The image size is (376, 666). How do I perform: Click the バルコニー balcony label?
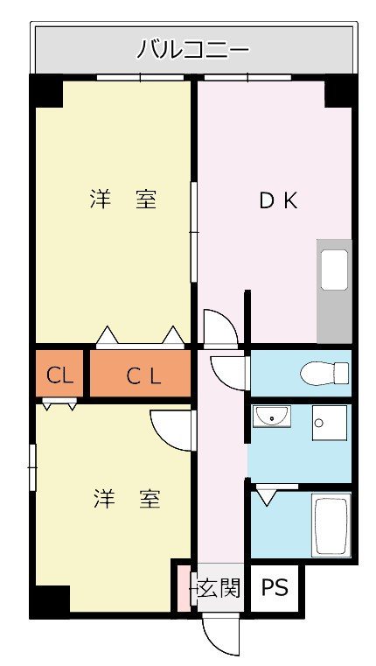[x=192, y=50]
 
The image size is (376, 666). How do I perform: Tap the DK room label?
[x=278, y=201]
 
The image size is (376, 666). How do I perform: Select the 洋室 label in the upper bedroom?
[x=123, y=200]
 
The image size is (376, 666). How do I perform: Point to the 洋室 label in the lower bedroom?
[x=127, y=499]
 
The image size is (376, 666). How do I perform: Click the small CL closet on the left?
[x=59, y=375]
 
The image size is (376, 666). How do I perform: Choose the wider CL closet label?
[x=144, y=376]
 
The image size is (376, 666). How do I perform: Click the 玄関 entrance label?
[x=219, y=588]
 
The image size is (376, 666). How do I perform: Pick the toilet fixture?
[x=324, y=374]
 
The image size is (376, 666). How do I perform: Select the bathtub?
[x=331, y=525]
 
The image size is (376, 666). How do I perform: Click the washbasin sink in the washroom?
[x=272, y=417]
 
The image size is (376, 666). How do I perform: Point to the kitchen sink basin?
[x=334, y=270]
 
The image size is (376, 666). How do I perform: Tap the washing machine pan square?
[x=330, y=423]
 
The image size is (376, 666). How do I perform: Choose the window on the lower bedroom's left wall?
[x=32, y=467]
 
